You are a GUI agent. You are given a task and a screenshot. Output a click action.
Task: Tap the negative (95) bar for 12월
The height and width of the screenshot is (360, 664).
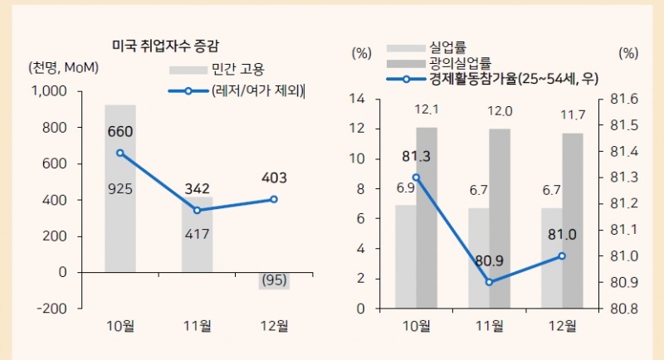(x=274, y=280)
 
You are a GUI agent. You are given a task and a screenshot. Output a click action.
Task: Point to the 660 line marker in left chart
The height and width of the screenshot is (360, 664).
(x=120, y=153)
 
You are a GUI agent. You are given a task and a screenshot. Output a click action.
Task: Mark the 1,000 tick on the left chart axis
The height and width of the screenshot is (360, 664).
(x=51, y=91)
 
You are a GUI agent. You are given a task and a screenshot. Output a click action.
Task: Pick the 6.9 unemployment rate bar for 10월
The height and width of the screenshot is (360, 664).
(x=405, y=256)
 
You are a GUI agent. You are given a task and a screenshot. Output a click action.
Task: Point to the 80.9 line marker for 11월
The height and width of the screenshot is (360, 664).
(x=489, y=282)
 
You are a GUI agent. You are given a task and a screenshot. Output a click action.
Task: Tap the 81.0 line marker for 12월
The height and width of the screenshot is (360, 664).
(x=562, y=255)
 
